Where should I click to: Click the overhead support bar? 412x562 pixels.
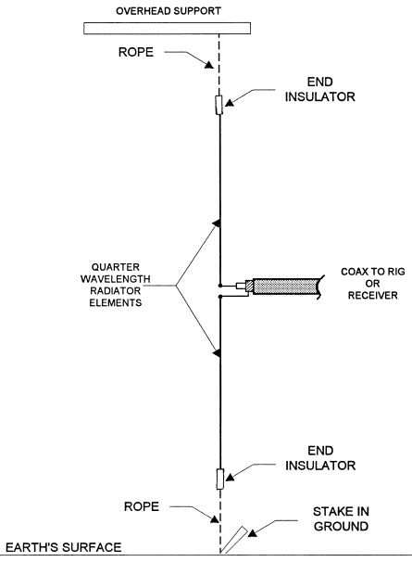click(168, 29)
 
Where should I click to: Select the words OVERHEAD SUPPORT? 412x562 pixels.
click(169, 11)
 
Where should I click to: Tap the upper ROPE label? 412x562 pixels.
click(136, 52)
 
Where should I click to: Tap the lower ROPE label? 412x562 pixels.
click(142, 506)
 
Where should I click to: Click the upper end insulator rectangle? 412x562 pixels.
click(219, 105)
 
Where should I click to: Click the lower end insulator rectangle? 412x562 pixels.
click(220, 479)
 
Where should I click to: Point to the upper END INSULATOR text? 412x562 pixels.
click(320, 90)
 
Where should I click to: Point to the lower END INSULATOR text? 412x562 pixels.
click(320, 458)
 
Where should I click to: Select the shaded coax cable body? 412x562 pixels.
click(286, 287)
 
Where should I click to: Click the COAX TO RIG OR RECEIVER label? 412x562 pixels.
click(372, 284)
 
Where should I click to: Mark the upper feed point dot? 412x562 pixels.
click(220, 286)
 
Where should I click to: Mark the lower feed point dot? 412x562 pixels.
click(220, 297)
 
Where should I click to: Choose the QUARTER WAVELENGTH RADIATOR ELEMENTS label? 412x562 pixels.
click(115, 285)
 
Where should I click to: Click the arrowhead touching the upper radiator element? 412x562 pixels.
click(217, 224)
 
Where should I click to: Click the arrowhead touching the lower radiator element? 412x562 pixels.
click(217, 353)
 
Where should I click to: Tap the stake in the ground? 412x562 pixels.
click(234, 540)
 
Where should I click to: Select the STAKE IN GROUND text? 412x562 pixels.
click(341, 519)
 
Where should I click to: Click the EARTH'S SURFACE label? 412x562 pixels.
click(63, 547)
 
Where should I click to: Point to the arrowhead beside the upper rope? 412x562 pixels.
click(209, 65)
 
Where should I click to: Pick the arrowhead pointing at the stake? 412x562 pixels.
click(253, 533)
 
